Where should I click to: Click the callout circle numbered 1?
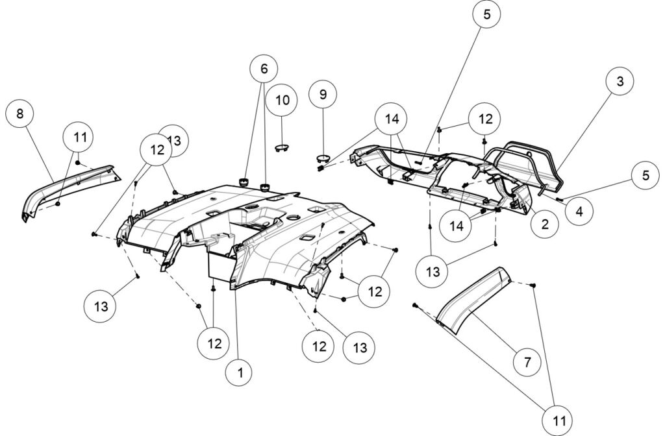click(x=240, y=372)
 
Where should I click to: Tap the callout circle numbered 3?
click(x=620, y=82)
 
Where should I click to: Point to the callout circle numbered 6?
click(x=264, y=68)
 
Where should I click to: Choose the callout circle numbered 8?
click(x=20, y=114)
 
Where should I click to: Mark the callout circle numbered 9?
click(x=323, y=94)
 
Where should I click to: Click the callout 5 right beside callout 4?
click(x=645, y=175)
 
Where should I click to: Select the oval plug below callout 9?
click(x=323, y=158)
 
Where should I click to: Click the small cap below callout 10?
click(x=282, y=147)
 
